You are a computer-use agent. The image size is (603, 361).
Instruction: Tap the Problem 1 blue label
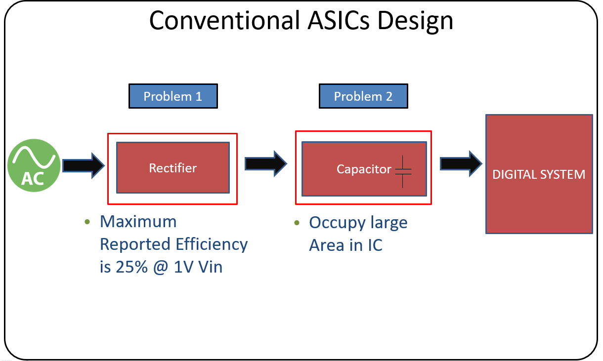tap(173, 96)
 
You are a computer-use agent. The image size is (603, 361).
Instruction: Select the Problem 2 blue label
tap(363, 96)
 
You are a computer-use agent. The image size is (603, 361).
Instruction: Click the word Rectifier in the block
tap(173, 168)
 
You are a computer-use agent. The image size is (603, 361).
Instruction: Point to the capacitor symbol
tap(403, 172)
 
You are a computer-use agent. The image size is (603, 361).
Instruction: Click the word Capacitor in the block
tap(364, 169)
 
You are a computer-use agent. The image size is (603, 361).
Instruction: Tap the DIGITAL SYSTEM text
tap(539, 174)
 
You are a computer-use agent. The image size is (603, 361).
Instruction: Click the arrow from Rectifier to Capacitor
tap(266, 163)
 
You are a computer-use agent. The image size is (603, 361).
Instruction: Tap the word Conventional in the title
tap(223, 21)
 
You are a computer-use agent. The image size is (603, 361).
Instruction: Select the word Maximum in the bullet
tap(138, 222)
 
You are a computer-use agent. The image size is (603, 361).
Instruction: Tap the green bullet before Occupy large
tap(297, 222)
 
